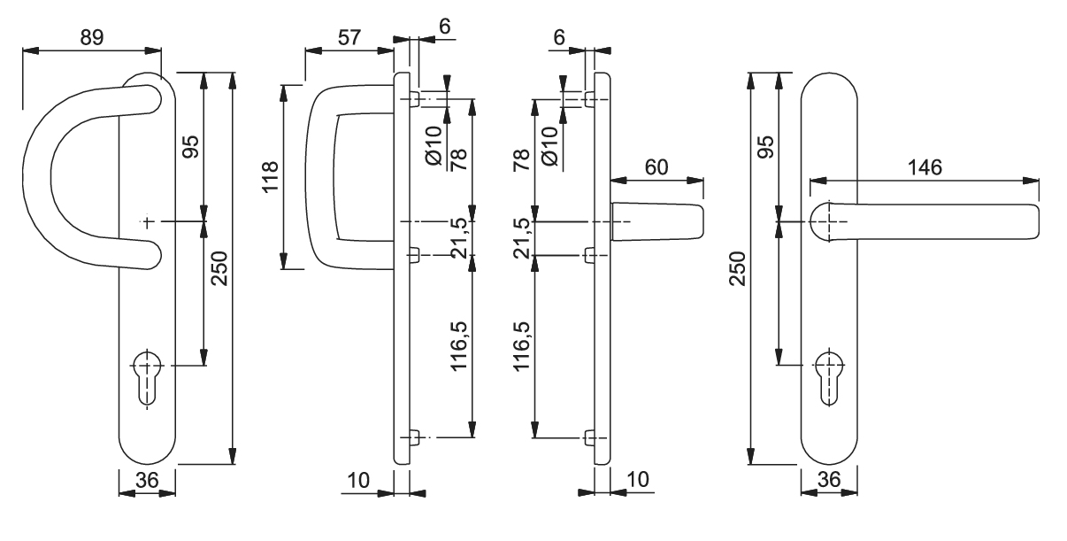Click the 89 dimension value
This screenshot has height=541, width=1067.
point(91,37)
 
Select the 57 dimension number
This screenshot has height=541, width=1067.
point(348,37)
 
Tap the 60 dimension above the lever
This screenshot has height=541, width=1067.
point(656,167)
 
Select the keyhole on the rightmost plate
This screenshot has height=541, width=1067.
point(828,375)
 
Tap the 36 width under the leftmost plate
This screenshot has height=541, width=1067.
point(146,482)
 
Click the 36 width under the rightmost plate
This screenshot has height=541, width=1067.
point(828,482)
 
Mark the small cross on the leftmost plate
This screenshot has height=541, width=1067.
point(147,220)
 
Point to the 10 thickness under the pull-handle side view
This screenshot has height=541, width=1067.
point(358,479)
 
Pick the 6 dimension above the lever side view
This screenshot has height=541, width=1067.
point(558,37)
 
